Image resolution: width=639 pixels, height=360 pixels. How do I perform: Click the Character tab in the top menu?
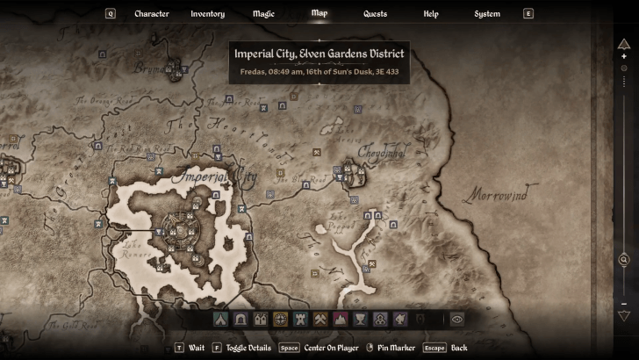coord(151,14)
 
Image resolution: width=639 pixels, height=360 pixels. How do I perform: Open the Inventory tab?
coord(207,14)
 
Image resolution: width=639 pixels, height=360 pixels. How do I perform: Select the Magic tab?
coord(263,14)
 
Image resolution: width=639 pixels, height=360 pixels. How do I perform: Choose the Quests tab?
coord(376,14)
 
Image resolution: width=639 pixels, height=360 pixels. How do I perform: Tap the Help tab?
coord(431,14)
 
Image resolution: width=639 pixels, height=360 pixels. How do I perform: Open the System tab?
coord(487,14)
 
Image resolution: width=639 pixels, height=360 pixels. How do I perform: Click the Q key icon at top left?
coord(111,14)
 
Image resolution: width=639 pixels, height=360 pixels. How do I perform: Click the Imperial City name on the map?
coord(215,178)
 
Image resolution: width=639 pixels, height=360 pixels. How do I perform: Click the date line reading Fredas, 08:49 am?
coord(319,71)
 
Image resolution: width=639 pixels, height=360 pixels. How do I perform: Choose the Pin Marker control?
coord(397,348)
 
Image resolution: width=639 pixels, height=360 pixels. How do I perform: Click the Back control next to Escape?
coord(459,348)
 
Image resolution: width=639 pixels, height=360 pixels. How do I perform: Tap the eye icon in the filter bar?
coord(456,320)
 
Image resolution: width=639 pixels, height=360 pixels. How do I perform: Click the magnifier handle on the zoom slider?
coord(624,260)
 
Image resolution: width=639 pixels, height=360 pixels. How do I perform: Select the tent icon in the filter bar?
coord(219,320)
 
